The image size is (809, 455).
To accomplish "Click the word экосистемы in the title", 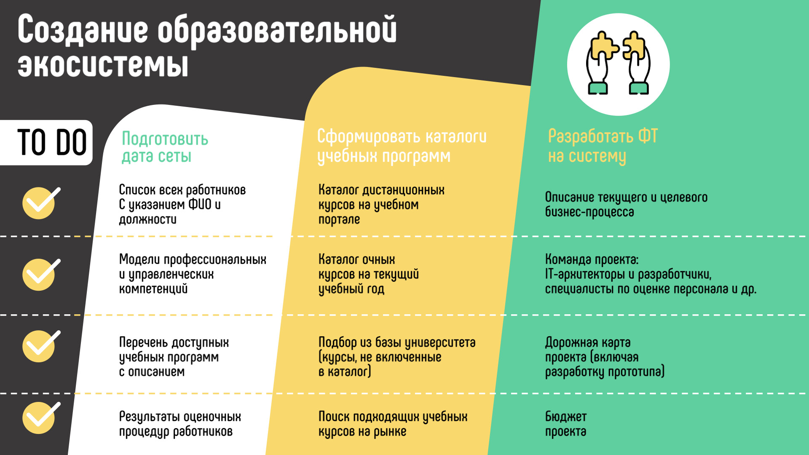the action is coord(103,65).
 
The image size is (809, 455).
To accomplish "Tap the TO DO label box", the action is coord(46,142).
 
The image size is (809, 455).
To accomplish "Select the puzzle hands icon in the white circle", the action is coord(618,63).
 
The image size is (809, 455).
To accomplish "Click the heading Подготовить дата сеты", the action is coord(165,147).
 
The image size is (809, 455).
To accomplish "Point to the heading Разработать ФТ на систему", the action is coord(603,146).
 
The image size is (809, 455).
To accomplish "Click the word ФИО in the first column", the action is coord(200,205).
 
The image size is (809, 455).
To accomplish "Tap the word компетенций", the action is coord(153,289).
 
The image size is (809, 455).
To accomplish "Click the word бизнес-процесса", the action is coord(589,212).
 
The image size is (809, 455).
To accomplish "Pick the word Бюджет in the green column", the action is coord(566,417).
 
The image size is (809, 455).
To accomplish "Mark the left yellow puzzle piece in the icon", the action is coord(604,46).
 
